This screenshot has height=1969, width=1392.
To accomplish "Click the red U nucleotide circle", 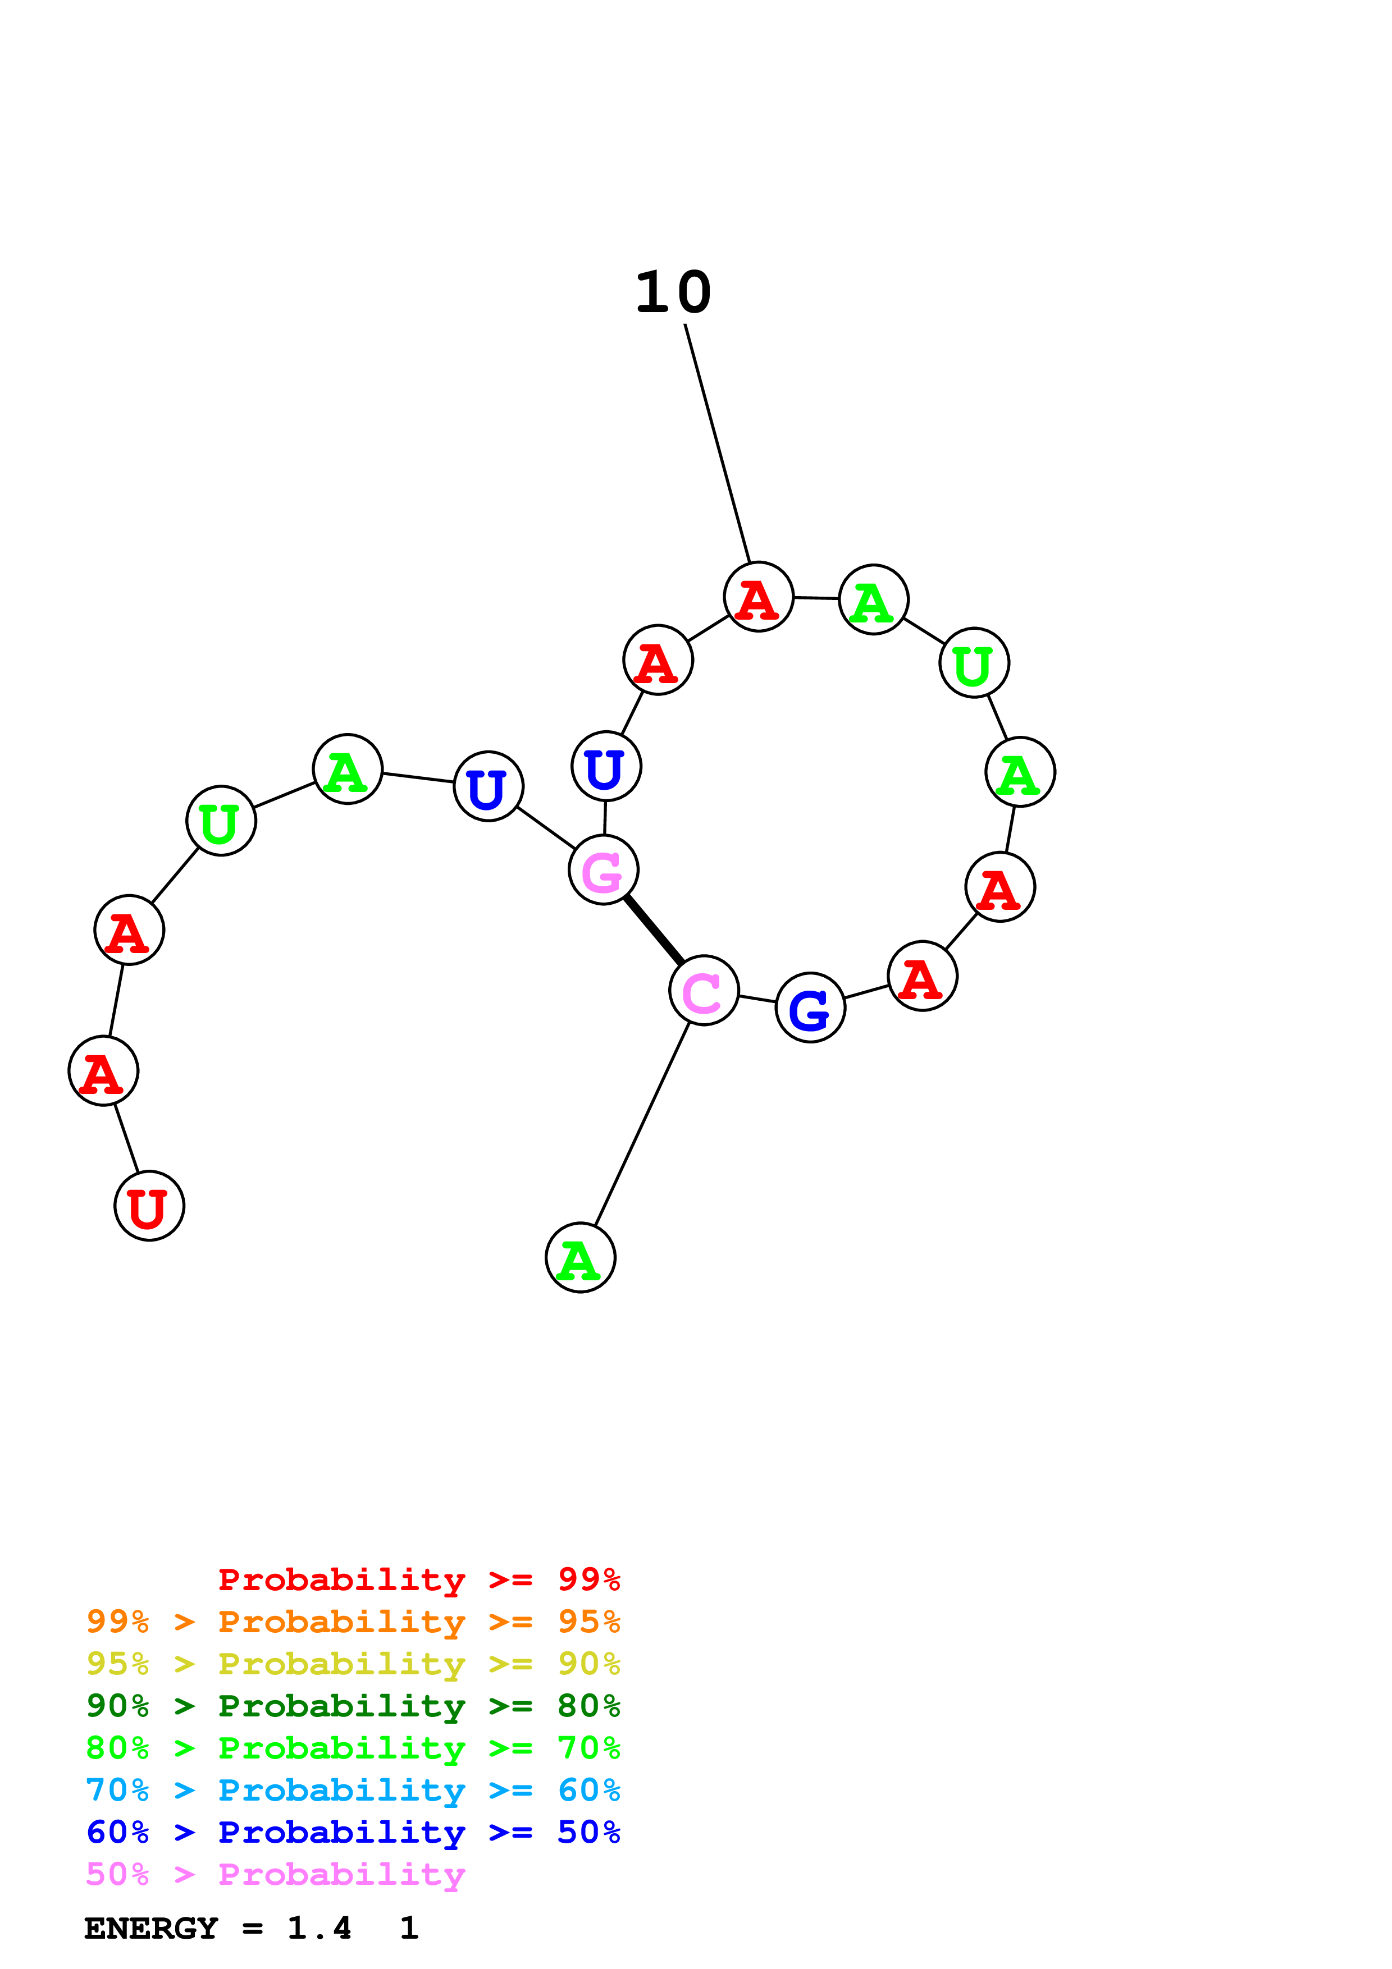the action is [x=149, y=1206].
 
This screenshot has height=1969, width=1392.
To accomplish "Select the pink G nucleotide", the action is [x=603, y=869].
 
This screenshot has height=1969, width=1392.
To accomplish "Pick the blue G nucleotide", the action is [x=810, y=1008].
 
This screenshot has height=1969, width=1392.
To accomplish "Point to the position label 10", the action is [x=673, y=294].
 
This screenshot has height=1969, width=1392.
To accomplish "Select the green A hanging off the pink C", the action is [x=581, y=1257].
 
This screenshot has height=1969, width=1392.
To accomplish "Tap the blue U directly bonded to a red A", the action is [x=606, y=766].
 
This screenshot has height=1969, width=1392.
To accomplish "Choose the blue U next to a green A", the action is [x=488, y=786].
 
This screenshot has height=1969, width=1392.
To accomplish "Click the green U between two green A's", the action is [x=974, y=663].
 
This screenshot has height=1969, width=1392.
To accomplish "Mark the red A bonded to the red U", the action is [x=103, y=1071].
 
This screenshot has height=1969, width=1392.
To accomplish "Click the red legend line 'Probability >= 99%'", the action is [x=418, y=1579].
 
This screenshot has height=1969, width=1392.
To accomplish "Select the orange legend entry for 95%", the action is [x=353, y=1622].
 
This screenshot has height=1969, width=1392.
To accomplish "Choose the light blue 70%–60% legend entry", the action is [x=353, y=1790].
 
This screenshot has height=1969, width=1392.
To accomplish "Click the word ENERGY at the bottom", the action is [x=151, y=1929].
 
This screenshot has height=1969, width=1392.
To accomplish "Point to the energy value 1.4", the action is [x=319, y=1929].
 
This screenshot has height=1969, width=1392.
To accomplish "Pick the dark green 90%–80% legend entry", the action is [x=353, y=1706].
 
